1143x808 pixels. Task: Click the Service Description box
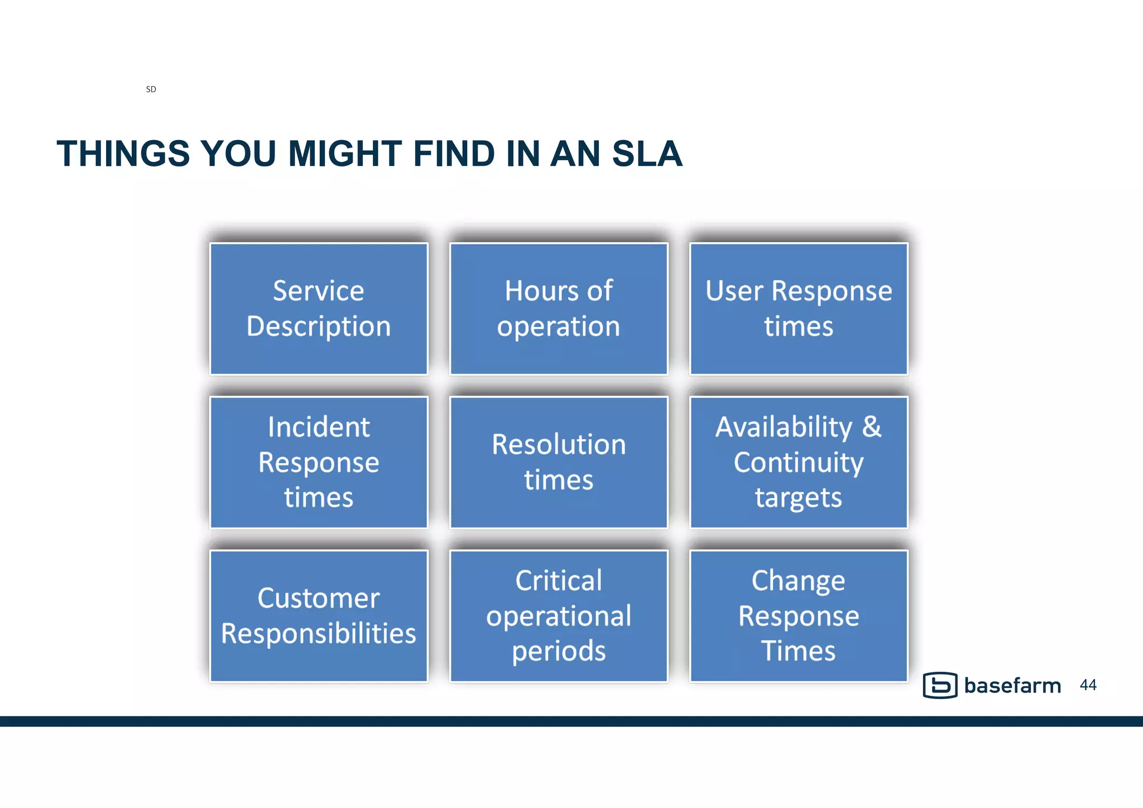318,309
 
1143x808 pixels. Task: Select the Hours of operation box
559,309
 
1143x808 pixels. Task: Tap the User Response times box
799,309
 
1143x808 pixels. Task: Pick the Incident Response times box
318,462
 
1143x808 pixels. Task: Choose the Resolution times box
559,462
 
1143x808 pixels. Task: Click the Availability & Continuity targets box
799,462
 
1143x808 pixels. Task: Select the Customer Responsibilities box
318,616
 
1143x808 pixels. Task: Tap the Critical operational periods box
559,616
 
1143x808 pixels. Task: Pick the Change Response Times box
799,616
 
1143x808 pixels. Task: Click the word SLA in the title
647,154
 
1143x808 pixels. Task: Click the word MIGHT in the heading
344,154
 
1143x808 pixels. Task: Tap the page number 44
1088,685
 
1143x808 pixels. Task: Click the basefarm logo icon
940,685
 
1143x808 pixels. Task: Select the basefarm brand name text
1012,686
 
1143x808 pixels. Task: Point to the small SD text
151,89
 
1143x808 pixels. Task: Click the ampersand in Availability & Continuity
871,427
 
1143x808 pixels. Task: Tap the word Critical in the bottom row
559,581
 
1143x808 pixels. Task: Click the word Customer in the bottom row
318,599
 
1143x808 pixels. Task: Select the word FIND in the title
453,154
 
